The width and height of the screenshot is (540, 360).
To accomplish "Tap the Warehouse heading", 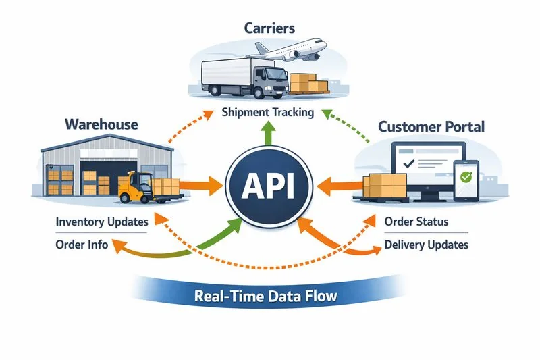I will pyautogui.click(x=101, y=124).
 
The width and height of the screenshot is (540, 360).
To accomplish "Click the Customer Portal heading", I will pyautogui.click(x=431, y=126).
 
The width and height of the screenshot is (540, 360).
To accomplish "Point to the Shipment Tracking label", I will pyautogui.click(x=268, y=113).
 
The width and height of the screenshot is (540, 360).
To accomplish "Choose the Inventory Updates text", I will pyautogui.click(x=101, y=222).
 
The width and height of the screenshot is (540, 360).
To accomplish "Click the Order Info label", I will pyautogui.click(x=82, y=245).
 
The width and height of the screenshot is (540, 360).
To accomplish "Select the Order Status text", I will pyautogui.click(x=416, y=222).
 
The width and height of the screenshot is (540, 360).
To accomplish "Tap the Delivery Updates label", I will pyautogui.click(x=426, y=245).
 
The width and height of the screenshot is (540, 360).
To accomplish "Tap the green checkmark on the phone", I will pyautogui.click(x=466, y=178).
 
